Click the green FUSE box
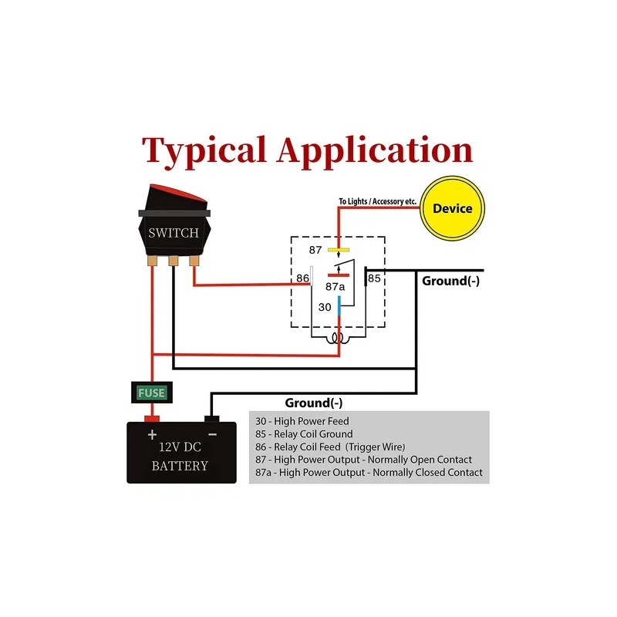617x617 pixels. [x=151, y=393]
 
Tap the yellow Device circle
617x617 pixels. [x=452, y=208]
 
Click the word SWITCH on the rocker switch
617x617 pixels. [x=174, y=233]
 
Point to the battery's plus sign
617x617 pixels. [x=152, y=434]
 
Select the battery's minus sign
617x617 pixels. [x=213, y=434]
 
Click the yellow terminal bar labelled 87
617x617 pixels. [x=339, y=249]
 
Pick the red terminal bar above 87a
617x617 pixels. [x=339, y=275]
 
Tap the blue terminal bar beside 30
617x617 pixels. [x=339, y=306]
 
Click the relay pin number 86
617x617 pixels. [x=302, y=278]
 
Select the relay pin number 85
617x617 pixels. [x=374, y=278]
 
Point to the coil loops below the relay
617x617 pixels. [x=338, y=338]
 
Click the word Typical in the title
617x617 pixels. [x=204, y=150]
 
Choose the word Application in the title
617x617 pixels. [x=375, y=150]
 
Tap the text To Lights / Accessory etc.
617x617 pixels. [x=378, y=201]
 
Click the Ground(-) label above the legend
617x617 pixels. [x=314, y=403]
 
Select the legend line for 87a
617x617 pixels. [x=369, y=472]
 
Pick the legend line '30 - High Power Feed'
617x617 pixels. [x=302, y=421]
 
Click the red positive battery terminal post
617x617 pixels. [x=152, y=419]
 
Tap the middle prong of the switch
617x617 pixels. [x=173, y=261]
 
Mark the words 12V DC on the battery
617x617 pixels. [x=180, y=447]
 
